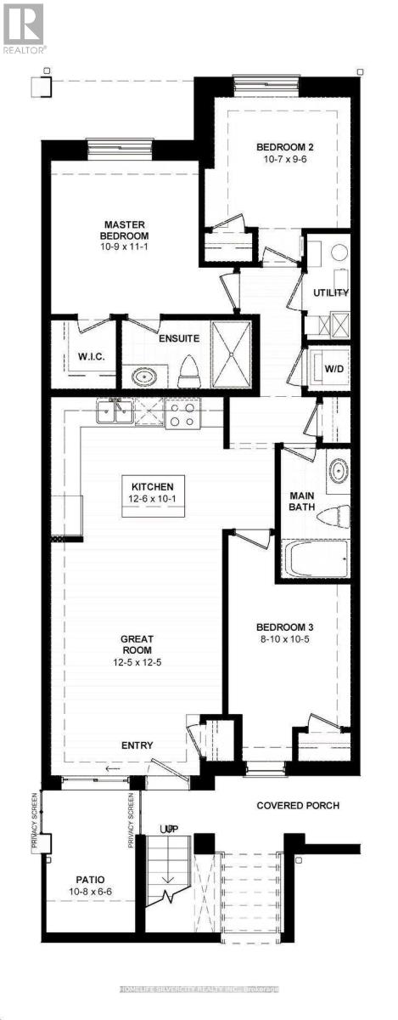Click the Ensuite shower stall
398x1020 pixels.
coord(232,354)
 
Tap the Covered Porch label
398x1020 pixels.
coord(299,805)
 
